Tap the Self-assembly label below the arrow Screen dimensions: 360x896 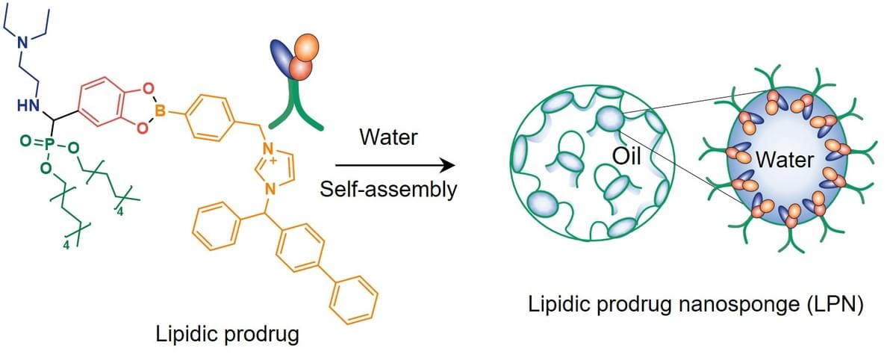388,189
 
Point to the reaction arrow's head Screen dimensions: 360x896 450,164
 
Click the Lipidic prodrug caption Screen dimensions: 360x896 227,333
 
